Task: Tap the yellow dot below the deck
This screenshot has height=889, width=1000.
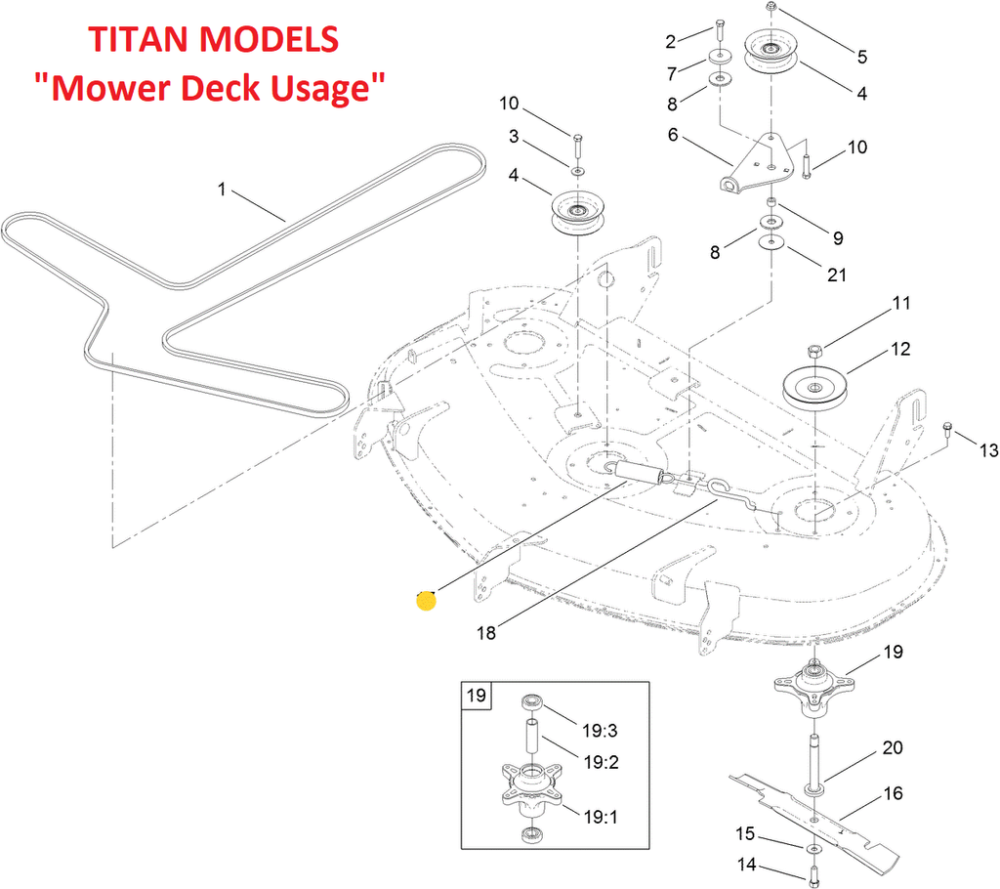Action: coord(426,600)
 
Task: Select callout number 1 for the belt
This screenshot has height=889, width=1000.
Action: coord(222,190)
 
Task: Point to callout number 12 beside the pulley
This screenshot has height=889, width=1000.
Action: coord(899,349)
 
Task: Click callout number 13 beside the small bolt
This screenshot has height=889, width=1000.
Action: coord(988,449)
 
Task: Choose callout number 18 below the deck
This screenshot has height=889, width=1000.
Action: coord(485,633)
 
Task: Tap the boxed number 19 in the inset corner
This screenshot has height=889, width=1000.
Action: coord(477,697)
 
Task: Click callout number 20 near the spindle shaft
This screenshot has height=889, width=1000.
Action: coord(892,748)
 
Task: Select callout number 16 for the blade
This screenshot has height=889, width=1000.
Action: coord(893,793)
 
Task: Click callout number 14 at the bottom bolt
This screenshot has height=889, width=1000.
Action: coord(746,864)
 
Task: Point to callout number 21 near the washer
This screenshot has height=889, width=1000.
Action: coord(836,275)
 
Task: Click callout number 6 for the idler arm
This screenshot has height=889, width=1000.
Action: coord(673,135)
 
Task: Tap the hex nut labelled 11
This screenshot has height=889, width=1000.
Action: coord(816,349)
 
